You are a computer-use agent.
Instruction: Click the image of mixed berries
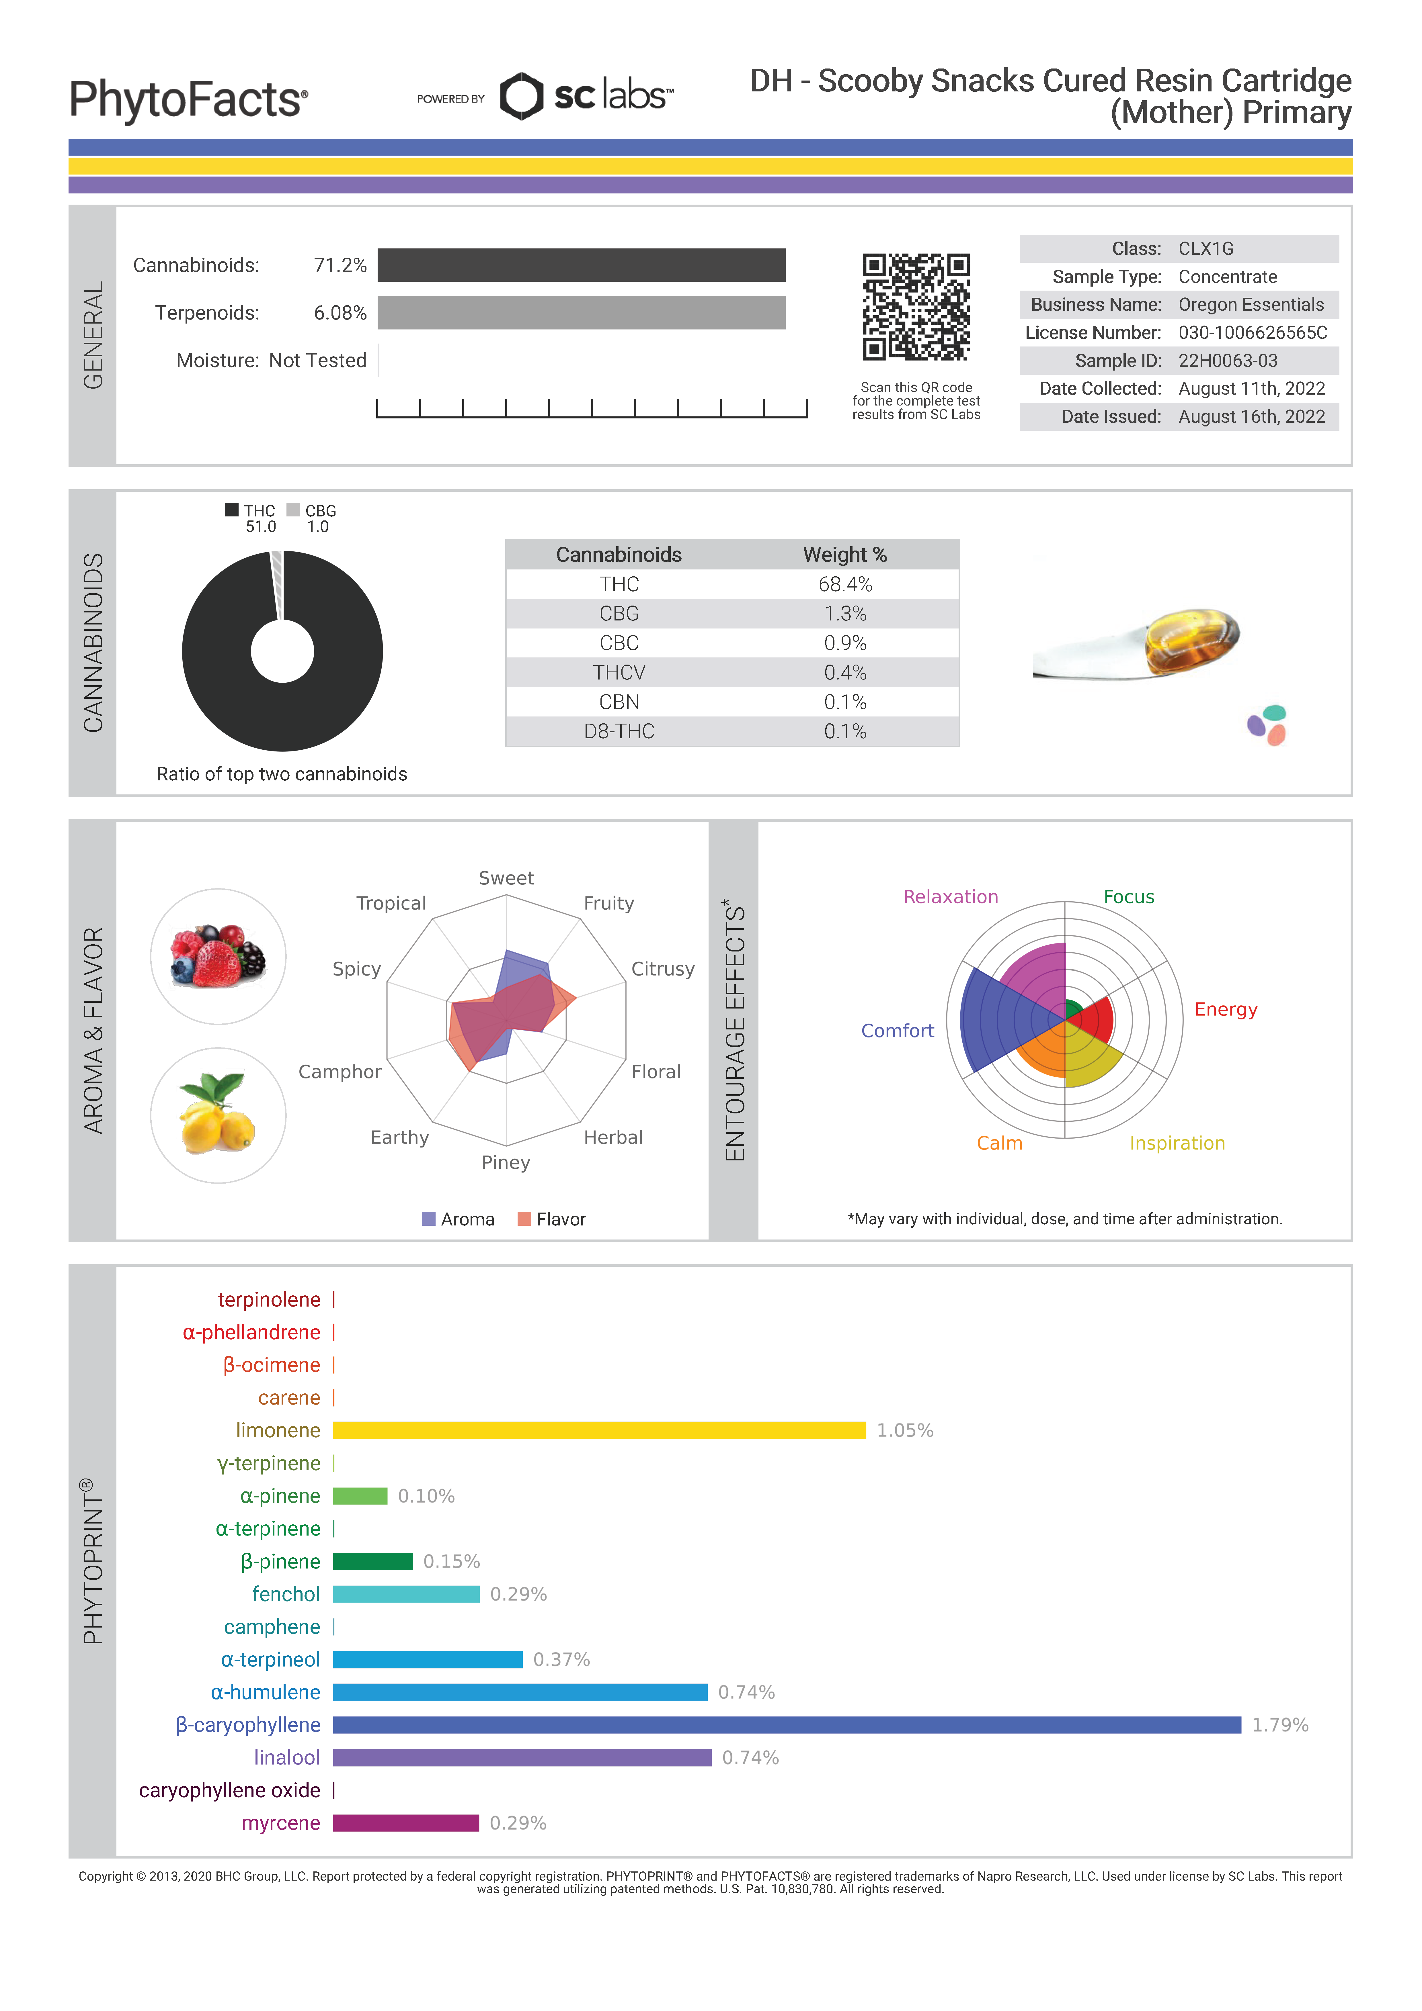point(218,956)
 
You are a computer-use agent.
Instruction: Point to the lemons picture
point(218,1115)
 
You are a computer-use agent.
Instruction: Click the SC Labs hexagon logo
point(521,96)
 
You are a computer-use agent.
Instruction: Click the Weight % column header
point(844,555)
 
